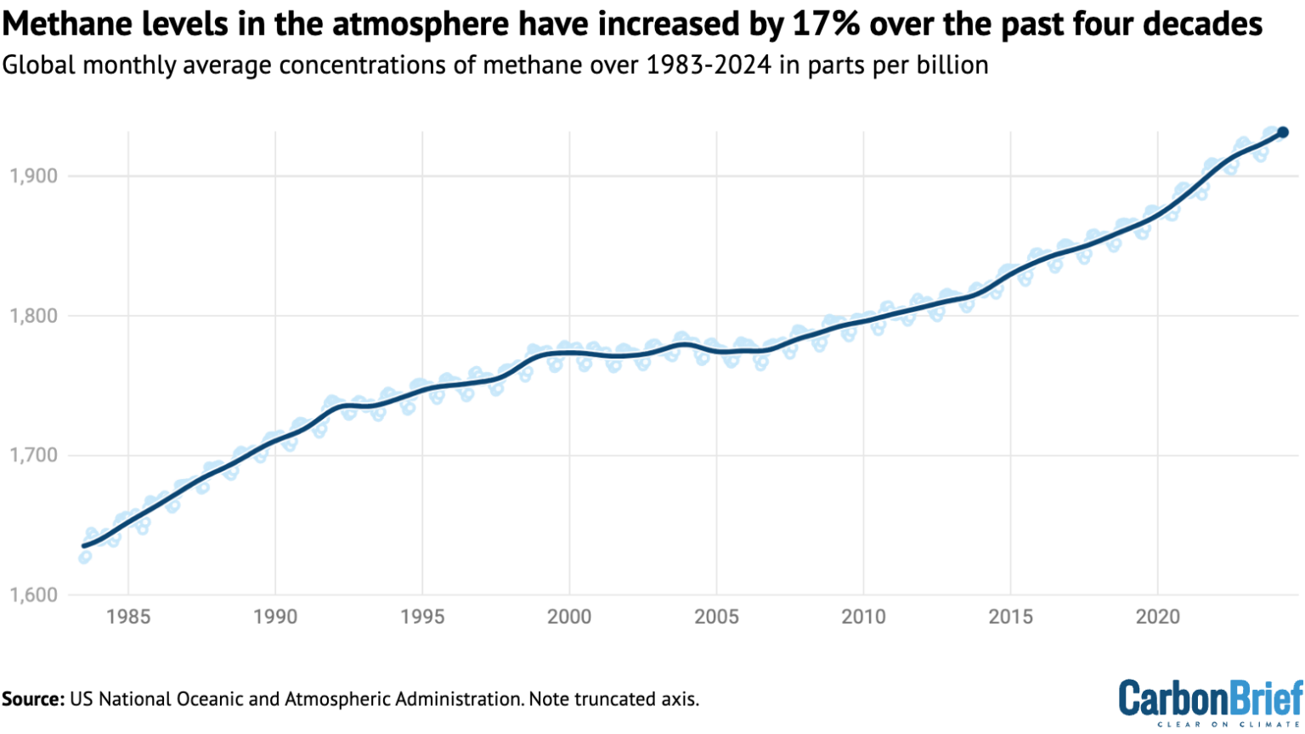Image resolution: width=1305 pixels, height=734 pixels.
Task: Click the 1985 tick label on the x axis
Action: [x=128, y=616]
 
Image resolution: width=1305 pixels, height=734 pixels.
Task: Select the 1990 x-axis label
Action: [x=275, y=616]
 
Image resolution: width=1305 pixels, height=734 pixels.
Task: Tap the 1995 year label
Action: [x=422, y=616]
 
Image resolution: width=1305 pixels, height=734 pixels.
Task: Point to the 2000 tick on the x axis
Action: [x=569, y=616]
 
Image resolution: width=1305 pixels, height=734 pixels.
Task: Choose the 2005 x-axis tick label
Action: [x=716, y=616]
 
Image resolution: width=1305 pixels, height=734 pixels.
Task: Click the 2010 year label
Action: [x=863, y=616]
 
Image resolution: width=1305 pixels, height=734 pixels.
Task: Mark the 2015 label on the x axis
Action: [x=1010, y=616]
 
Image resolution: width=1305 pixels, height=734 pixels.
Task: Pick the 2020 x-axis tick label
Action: [x=1157, y=616]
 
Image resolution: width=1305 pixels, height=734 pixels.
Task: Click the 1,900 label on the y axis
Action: [x=33, y=176]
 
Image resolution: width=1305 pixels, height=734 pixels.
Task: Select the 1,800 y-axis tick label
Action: [x=33, y=316]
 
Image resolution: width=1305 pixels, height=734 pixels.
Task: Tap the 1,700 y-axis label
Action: [x=33, y=455]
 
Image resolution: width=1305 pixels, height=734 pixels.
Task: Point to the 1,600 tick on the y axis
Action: [x=33, y=595]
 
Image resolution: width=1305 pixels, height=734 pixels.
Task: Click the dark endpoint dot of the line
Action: [x=1283, y=133]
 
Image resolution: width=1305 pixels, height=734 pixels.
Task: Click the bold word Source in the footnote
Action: [x=33, y=699]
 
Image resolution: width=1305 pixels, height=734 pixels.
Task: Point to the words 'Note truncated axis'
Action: [x=614, y=699]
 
